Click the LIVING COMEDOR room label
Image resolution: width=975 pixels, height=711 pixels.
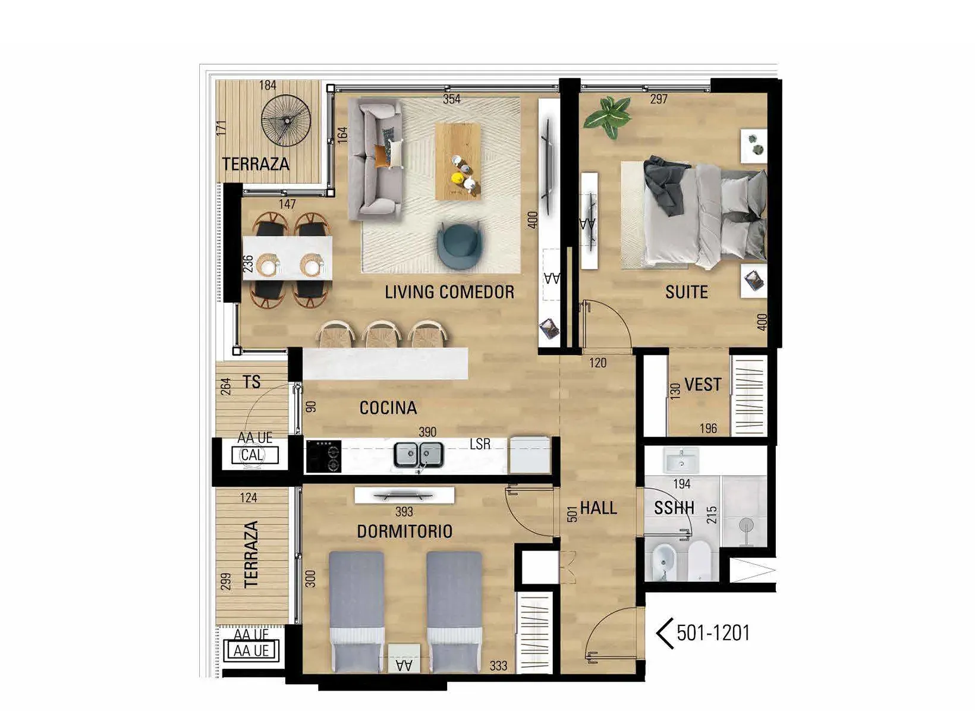pyautogui.click(x=449, y=291)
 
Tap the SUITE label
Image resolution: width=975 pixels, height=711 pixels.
pyautogui.click(x=687, y=291)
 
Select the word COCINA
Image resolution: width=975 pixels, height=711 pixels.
pyautogui.click(x=388, y=408)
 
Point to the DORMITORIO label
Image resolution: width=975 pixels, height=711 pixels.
pyautogui.click(x=404, y=531)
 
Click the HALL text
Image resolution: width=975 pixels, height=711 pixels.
pyautogui.click(x=599, y=508)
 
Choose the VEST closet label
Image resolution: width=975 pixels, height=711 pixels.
pyautogui.click(x=703, y=384)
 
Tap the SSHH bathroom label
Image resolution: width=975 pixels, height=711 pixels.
pyautogui.click(x=674, y=508)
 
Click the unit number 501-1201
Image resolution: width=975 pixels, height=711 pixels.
pyautogui.click(x=713, y=633)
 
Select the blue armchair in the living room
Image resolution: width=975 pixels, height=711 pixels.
pyautogui.click(x=460, y=244)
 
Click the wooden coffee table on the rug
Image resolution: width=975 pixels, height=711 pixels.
pyautogui.click(x=458, y=161)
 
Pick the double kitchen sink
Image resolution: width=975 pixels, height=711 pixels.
pyautogui.click(x=419, y=455)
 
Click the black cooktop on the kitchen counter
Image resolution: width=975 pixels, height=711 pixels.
pyautogui.click(x=323, y=456)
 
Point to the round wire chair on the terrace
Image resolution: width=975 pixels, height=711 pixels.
pyautogui.click(x=286, y=120)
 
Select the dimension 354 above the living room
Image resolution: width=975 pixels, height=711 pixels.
pyautogui.click(x=451, y=99)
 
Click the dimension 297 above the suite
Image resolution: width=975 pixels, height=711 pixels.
pyautogui.click(x=659, y=99)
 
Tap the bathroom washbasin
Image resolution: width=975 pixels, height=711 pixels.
pyautogui.click(x=681, y=461)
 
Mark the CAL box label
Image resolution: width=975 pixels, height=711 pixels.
pyautogui.click(x=252, y=455)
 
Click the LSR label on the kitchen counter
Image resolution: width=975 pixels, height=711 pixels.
pyautogui.click(x=480, y=444)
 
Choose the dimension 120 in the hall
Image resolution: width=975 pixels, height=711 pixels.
pyautogui.click(x=597, y=363)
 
